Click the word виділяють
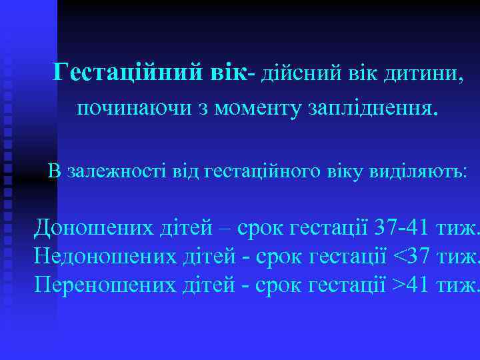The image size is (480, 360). tap(419, 171)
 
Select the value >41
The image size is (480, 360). tap(409, 285)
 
